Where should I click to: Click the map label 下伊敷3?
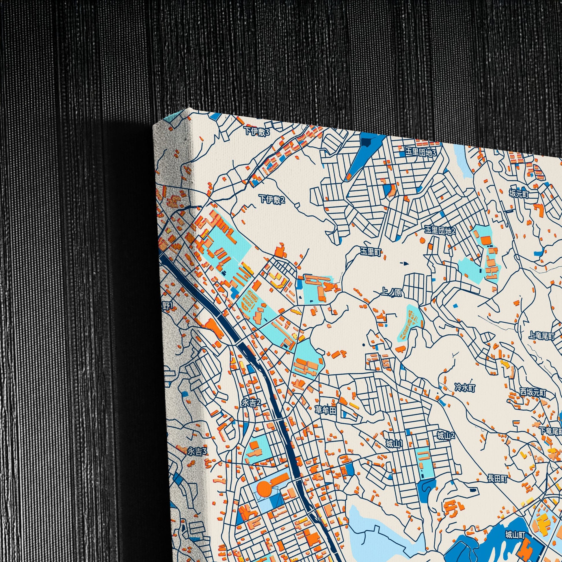pyautogui.click(x=257, y=132)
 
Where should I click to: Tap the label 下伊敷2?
pyautogui.click(x=273, y=200)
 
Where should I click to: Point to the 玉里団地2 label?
pyautogui.click(x=440, y=231)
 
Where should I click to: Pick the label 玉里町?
pyautogui.click(x=371, y=252)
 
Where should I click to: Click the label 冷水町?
pyautogui.click(x=465, y=387)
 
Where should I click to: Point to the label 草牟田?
pyautogui.click(x=326, y=410)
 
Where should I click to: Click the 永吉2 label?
pyautogui.click(x=251, y=402)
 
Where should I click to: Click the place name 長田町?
pyautogui.click(x=497, y=479)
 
